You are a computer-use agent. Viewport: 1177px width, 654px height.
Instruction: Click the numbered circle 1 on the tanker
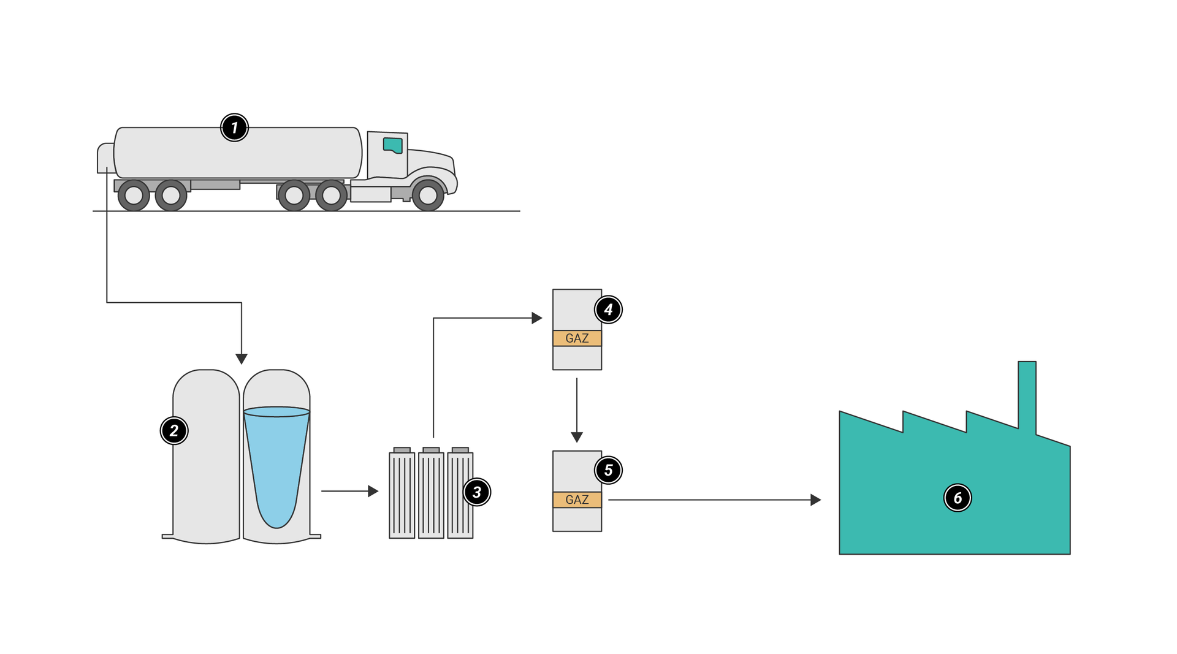[x=234, y=127]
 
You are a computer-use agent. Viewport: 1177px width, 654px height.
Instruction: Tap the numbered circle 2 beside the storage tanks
[x=174, y=430]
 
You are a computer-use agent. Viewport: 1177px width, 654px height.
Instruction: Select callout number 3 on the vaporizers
[x=477, y=492]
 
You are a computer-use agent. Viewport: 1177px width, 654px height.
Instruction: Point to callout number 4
[x=608, y=310]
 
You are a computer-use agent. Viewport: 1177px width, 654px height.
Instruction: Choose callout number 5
[x=608, y=470]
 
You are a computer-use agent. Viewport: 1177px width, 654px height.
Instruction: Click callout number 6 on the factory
[x=958, y=498]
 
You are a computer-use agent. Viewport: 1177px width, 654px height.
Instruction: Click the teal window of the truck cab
[x=393, y=145]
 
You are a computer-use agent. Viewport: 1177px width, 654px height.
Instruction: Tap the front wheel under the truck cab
[x=428, y=196]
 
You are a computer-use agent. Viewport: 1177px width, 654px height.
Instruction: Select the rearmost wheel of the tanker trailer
[x=134, y=196]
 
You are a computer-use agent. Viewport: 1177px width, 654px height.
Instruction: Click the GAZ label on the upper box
[x=577, y=338]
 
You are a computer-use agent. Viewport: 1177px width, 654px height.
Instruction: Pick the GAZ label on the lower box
[x=577, y=500]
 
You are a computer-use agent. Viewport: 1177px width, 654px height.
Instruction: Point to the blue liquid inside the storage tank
[x=276, y=466]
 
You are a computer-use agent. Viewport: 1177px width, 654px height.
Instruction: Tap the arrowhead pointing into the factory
[x=816, y=500]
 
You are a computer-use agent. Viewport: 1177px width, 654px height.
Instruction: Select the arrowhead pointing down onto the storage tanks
[x=242, y=359]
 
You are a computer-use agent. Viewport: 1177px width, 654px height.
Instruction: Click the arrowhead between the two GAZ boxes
[x=577, y=437]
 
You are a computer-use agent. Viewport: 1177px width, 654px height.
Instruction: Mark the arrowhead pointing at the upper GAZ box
[x=537, y=318]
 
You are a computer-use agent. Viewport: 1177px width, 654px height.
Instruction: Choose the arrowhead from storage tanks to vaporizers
[x=373, y=491]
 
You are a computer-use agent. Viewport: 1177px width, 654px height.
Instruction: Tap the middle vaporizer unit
[x=431, y=495]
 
